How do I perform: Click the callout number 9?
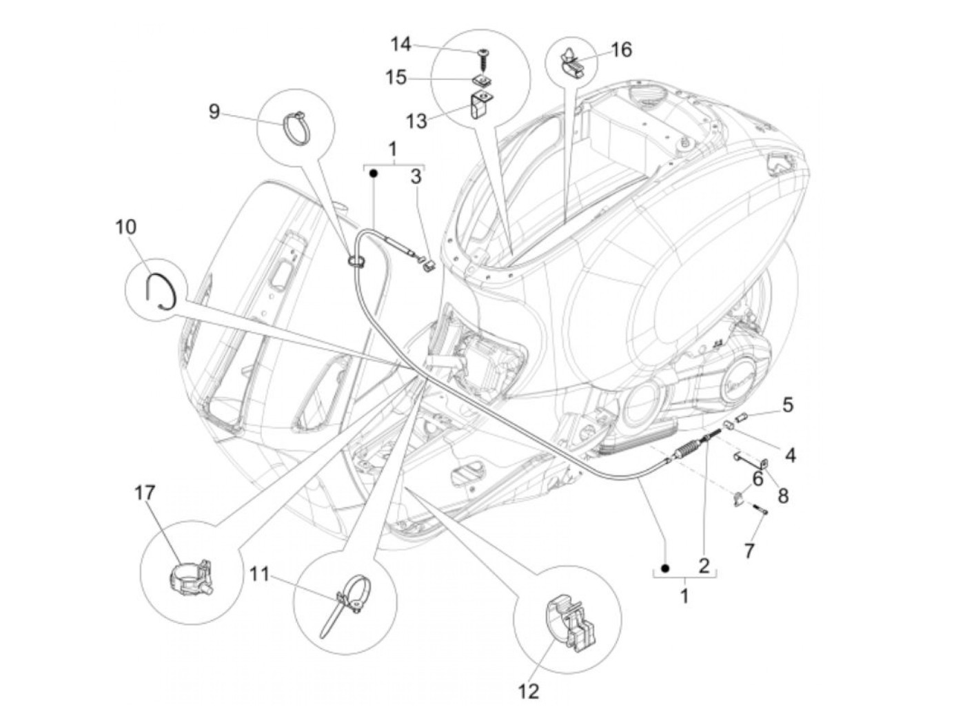pyautogui.click(x=214, y=111)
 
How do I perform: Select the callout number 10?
pyautogui.click(x=126, y=227)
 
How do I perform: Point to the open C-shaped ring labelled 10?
pyautogui.click(x=163, y=289)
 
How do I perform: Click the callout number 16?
pyautogui.click(x=620, y=50)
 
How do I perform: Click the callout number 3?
pyautogui.click(x=416, y=178)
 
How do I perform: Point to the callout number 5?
pyautogui.click(x=787, y=404)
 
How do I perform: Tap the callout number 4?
pyautogui.click(x=790, y=455)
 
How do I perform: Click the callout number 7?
pyautogui.click(x=749, y=550)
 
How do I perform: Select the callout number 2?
pyautogui.click(x=704, y=566)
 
